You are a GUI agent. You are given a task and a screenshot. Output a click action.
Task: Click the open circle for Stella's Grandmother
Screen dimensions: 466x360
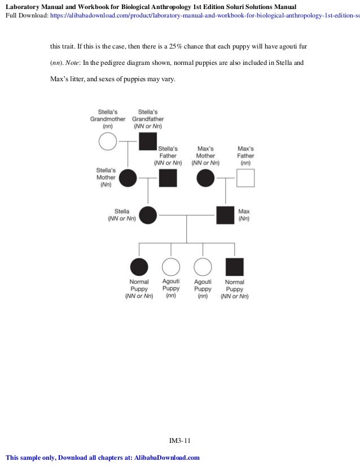pyautogui.click(x=107, y=142)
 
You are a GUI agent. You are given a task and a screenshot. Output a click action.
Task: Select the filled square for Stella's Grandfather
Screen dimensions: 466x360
pyautogui.click(x=148, y=142)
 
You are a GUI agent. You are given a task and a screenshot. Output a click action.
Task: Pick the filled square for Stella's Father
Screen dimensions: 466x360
pyautogui.click(x=168, y=178)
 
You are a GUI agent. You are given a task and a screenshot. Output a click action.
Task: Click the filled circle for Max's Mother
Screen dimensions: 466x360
pyautogui.click(x=205, y=178)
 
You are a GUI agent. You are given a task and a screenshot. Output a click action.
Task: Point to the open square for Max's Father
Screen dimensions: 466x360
pyautogui.click(x=245, y=178)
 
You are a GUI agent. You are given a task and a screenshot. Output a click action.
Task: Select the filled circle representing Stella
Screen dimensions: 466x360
pyautogui.click(x=148, y=215)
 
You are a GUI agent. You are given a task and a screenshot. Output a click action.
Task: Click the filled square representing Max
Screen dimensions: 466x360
pyautogui.click(x=226, y=215)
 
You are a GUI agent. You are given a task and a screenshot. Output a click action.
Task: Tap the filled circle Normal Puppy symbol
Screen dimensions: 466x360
pyautogui.click(x=139, y=266)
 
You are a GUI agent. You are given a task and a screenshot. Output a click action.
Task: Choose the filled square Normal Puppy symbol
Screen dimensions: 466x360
pyautogui.click(x=234, y=266)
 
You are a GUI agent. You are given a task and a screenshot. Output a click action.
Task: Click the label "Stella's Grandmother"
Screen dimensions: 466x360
pyautogui.click(x=107, y=116)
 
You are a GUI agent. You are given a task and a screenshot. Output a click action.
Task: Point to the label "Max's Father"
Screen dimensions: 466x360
pyautogui.click(x=245, y=152)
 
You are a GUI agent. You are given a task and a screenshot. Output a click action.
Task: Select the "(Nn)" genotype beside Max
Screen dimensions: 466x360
pyautogui.click(x=244, y=219)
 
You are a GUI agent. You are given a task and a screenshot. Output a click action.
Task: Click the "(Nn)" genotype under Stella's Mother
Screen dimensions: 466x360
pyautogui.click(x=106, y=184)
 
